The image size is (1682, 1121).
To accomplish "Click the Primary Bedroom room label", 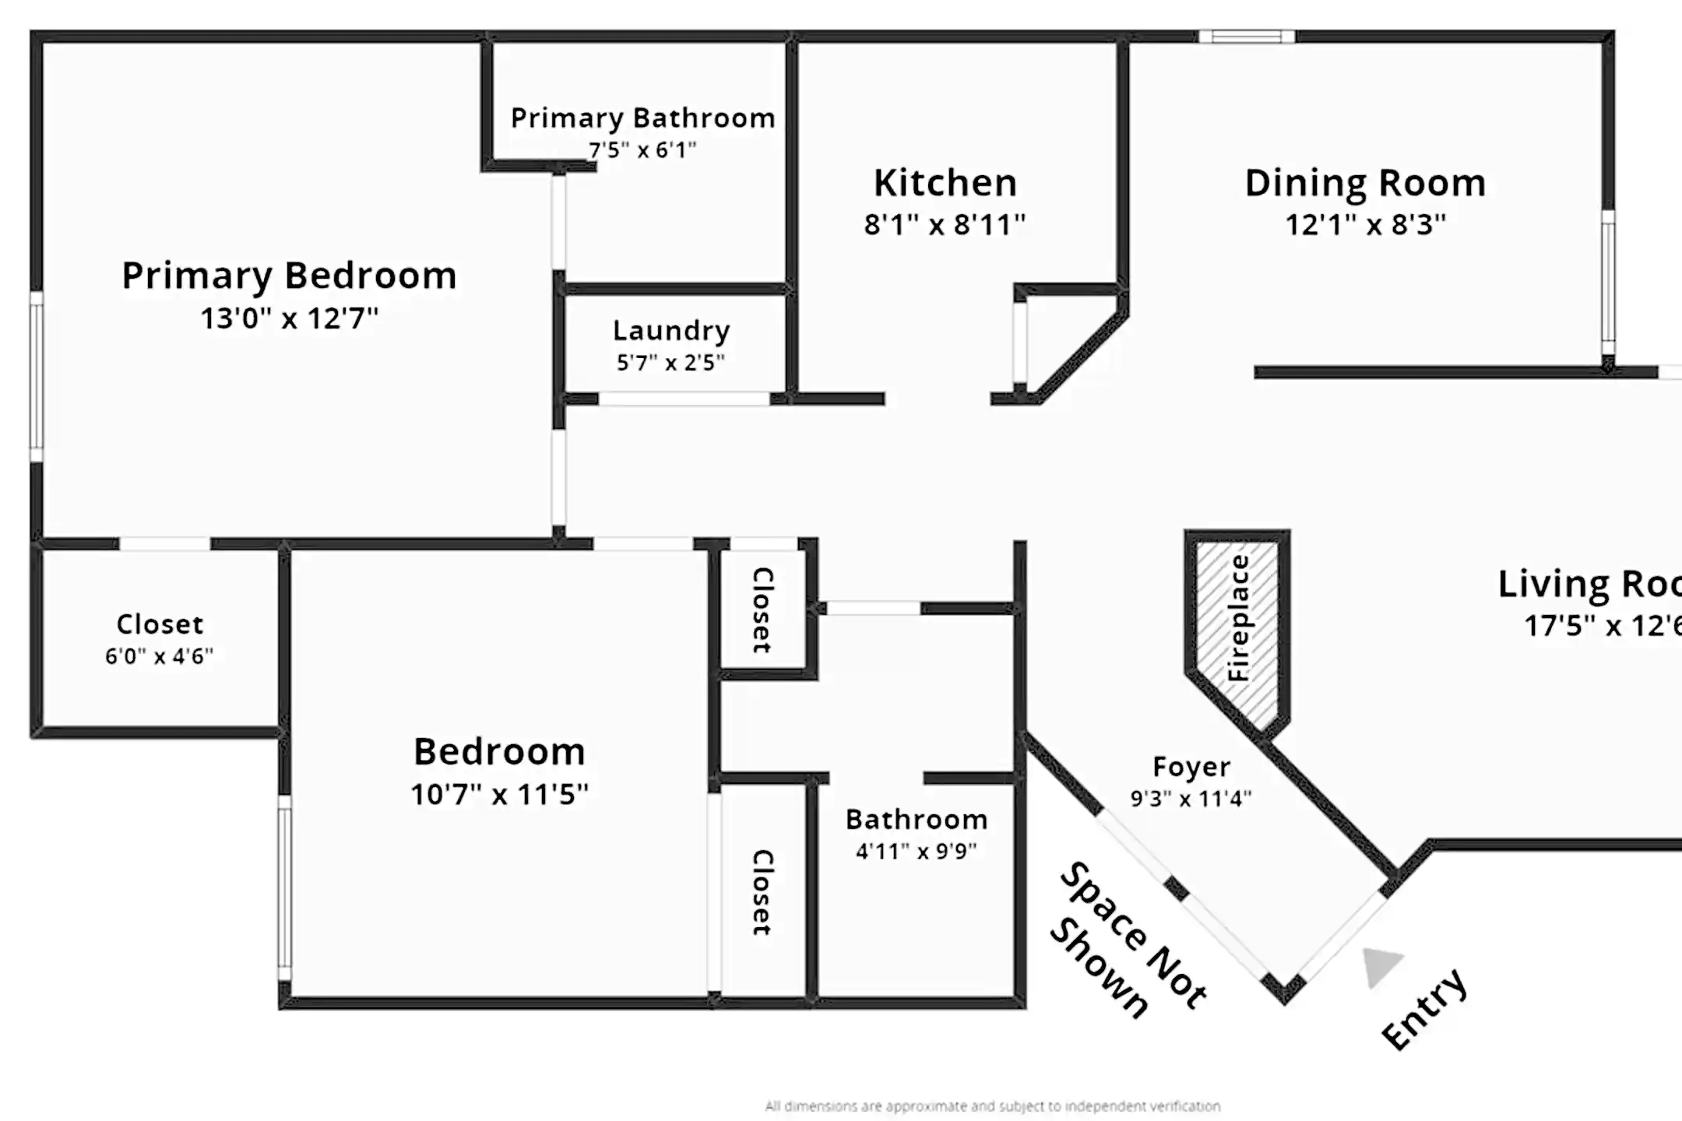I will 289,276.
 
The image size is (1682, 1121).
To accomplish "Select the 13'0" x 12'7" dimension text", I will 289,318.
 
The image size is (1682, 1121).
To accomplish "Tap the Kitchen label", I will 945,183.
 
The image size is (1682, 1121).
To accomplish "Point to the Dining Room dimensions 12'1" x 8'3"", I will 1365,225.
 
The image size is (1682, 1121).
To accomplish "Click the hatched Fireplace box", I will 1237,623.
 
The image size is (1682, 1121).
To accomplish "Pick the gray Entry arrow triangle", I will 1380,966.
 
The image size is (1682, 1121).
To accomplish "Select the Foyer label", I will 1191,767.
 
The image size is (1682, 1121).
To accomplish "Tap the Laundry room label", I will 671,331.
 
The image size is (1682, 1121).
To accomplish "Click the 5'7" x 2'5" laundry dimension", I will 670,362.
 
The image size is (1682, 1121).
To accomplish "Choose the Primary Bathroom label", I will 642,118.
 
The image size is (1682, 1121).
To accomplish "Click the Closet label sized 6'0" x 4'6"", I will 160,624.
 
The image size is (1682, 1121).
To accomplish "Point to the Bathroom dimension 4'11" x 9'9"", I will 916,851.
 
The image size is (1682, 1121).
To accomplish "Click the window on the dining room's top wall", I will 1246,37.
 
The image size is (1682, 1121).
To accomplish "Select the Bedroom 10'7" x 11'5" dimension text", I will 499,794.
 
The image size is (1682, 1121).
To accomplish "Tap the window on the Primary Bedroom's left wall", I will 36,378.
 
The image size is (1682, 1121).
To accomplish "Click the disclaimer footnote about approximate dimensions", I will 992,1106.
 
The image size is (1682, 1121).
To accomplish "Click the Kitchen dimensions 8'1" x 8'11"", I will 945,225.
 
